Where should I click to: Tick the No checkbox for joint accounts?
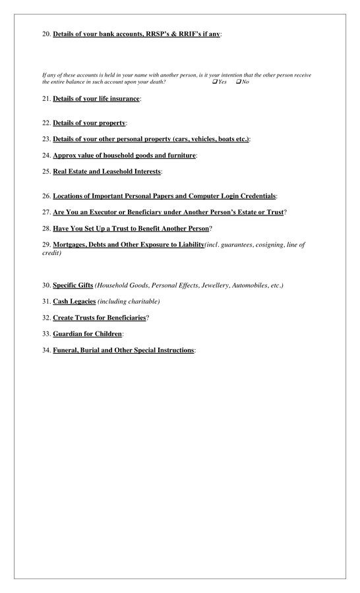point(238,82)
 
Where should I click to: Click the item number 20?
point(46,34)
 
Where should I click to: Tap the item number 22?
point(46,123)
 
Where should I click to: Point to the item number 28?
point(46,228)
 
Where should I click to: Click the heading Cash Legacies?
point(74,301)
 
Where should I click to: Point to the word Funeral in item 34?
point(68,350)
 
